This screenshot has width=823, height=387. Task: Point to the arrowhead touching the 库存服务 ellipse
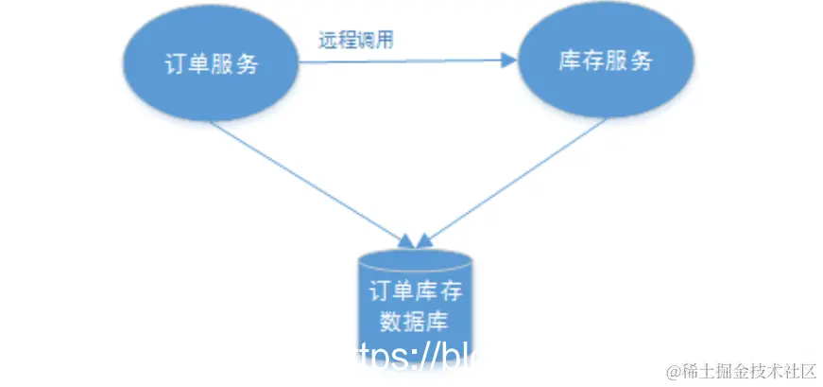click(x=510, y=62)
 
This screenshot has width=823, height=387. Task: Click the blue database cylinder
click(x=415, y=303)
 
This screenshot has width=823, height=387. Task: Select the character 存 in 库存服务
click(x=588, y=62)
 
